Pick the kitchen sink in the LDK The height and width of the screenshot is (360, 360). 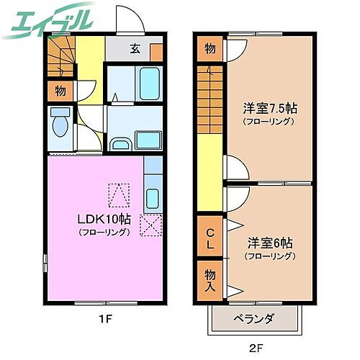point(153,198)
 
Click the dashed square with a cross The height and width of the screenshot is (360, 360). point(150,225)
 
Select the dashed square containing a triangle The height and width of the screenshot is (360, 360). point(119,193)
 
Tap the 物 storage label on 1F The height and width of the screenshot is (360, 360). point(60,91)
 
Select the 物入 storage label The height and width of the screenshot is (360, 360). point(210,279)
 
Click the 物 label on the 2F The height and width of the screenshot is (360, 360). point(210,49)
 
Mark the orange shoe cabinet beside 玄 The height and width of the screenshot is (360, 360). point(156,51)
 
